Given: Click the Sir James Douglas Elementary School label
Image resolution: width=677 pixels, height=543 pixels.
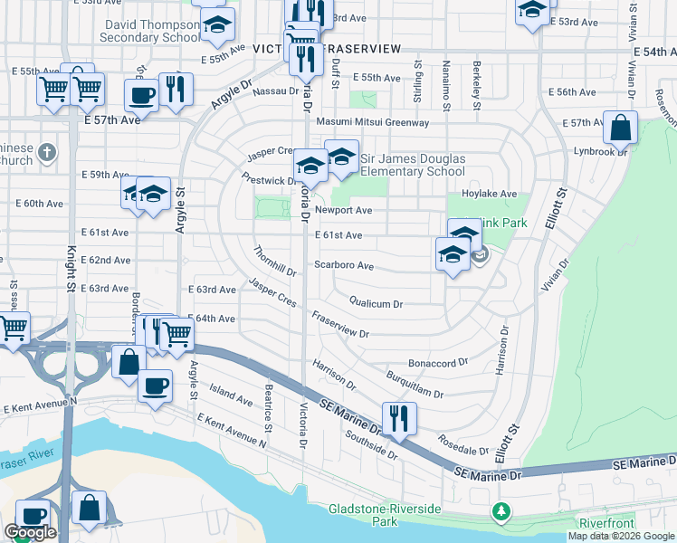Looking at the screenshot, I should point(413,165).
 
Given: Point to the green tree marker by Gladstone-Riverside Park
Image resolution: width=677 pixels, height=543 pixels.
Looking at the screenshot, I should point(501,513).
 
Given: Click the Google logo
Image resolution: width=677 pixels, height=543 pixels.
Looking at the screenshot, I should point(30,532).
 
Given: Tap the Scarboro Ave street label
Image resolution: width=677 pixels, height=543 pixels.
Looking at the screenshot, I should point(344,266).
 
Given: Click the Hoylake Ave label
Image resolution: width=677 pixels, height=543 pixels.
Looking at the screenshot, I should point(488,194).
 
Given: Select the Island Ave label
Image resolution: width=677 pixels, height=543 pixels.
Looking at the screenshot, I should point(231,395).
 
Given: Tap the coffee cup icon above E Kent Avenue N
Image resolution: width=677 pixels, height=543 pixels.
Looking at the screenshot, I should point(154,385).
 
